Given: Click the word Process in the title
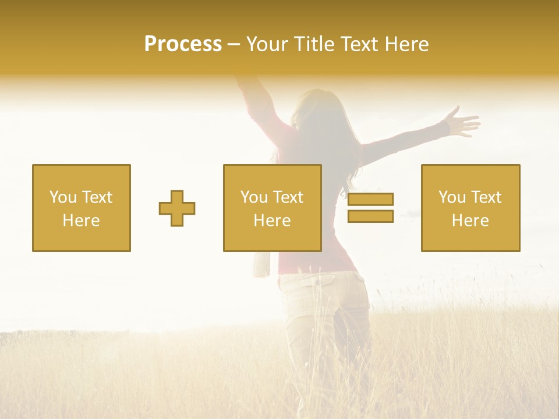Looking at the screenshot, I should pos(183,44).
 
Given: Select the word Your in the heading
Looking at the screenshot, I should pos(268,44).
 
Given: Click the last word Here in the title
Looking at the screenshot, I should pos(407,44).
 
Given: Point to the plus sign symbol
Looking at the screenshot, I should pos(177,208).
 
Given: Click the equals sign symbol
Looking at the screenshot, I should pos(370,208).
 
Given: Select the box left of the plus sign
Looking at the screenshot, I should pos(82,208).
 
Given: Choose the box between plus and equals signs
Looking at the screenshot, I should pos(272,208).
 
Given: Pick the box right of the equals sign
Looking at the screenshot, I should pos(470,208).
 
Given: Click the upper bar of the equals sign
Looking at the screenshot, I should pos(370,200).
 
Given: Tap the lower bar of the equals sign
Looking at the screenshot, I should pos(370,216).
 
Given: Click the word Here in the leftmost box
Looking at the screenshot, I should pos(81,221).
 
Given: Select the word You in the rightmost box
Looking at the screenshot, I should pos(452,197).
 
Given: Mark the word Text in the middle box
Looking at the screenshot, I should pos(288,197).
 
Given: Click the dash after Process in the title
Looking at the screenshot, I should pos(233,44).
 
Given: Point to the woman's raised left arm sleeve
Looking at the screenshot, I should pos(256,108).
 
